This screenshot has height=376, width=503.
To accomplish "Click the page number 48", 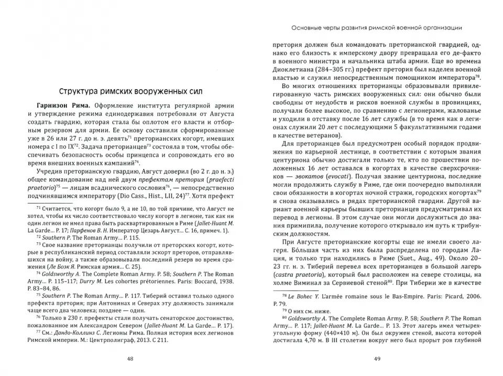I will (130, 359).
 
